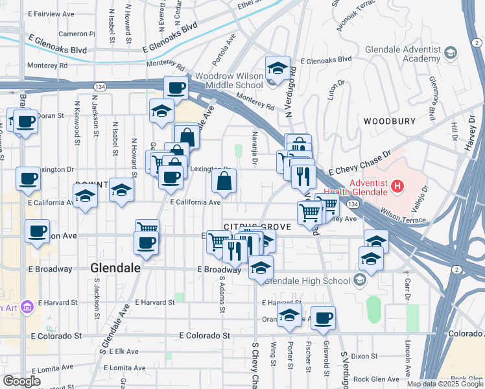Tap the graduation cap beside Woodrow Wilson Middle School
[277, 68]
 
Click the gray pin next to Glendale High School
[360, 281]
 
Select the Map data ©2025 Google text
[445, 384]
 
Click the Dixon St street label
[365, 356]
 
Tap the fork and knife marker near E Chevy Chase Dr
[303, 174]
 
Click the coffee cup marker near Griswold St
[323, 318]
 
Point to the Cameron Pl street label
[77, 34]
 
